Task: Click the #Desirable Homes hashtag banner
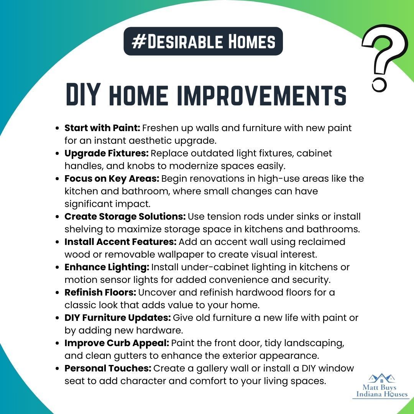[x=203, y=41]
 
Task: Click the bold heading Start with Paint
[x=102, y=128]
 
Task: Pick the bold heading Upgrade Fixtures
[x=107, y=153]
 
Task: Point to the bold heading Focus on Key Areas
[x=112, y=179]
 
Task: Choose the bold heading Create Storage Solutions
[x=125, y=217]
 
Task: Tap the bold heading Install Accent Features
[x=120, y=242]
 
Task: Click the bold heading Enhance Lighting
[x=107, y=267]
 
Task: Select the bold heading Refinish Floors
[x=100, y=292]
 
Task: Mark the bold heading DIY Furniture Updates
[x=118, y=318]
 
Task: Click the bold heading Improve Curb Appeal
[x=117, y=343]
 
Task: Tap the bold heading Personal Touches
[x=108, y=368]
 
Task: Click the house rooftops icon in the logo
[x=382, y=378]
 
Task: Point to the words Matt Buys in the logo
[x=379, y=388]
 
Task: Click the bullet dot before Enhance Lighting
[x=57, y=267]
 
